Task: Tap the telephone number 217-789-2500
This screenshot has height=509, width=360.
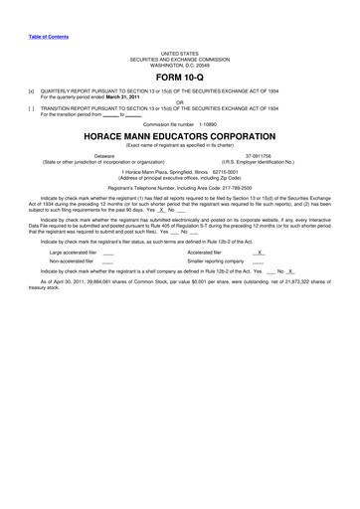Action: coord(246,188)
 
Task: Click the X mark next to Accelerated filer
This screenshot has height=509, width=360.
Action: coord(260,253)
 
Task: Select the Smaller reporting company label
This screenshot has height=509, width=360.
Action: coord(216,262)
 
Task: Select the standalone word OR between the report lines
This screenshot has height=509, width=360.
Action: coord(180,103)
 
